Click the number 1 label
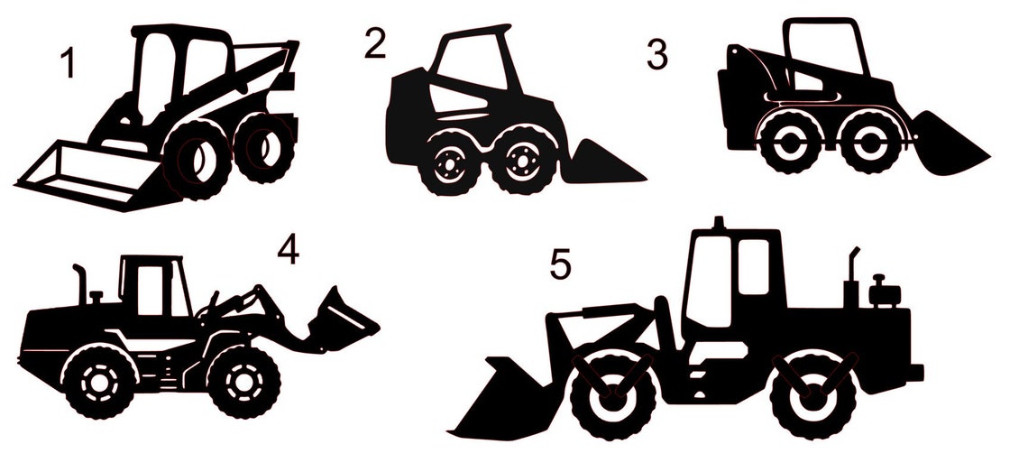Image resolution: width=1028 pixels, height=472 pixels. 66,64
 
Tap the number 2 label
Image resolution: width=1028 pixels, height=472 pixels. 375,43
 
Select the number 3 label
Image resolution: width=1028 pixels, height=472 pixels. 657,54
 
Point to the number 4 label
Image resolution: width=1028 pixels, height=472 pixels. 287,251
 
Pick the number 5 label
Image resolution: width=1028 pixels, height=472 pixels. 560,264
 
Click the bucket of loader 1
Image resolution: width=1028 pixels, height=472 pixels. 81,171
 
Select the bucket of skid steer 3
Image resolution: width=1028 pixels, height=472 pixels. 947,149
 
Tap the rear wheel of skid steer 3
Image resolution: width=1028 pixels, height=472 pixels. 789,143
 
